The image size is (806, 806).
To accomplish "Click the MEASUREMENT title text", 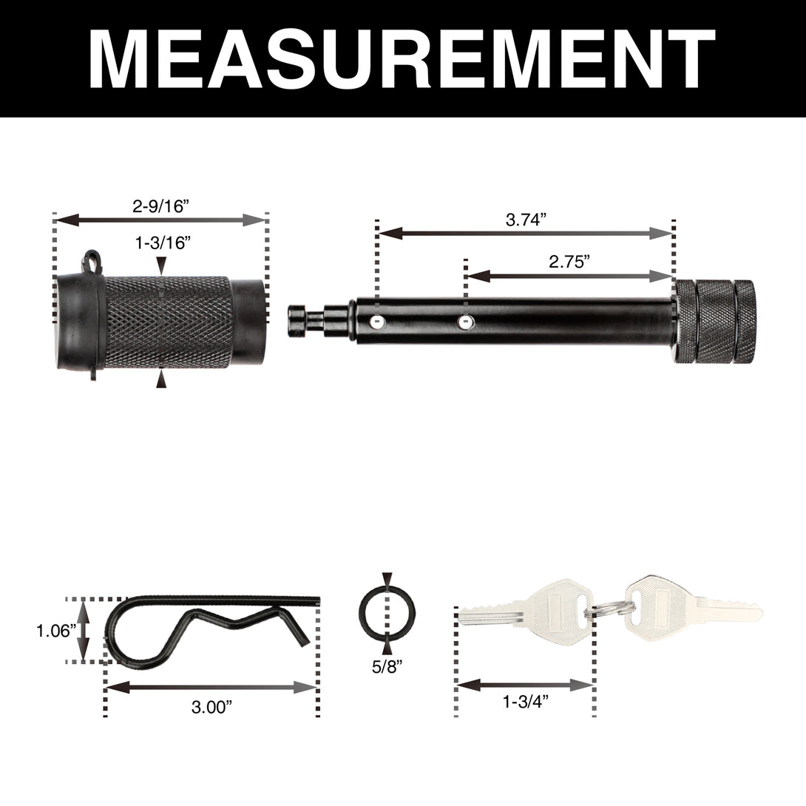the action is coord(402,58).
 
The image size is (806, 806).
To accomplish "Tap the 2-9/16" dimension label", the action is coord(161,206).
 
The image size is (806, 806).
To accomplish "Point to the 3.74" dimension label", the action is coord(525,220).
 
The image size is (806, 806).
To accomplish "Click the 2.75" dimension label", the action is coord(569,262).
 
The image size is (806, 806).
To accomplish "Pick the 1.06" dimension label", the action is coord(55,631).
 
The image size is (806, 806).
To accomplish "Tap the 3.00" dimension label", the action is coord(211,707).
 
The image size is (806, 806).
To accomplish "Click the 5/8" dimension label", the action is coord(387,667).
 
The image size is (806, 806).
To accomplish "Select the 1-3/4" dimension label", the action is coord(526,701).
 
